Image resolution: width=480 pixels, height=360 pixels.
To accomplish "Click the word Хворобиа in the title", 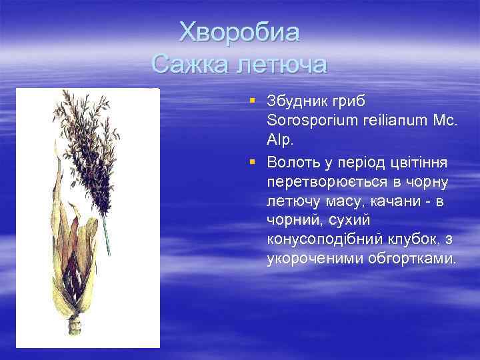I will point(240,31).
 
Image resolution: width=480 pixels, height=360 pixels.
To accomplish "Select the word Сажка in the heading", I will point(189,64).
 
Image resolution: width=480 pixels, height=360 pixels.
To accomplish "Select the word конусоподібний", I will point(323,239).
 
